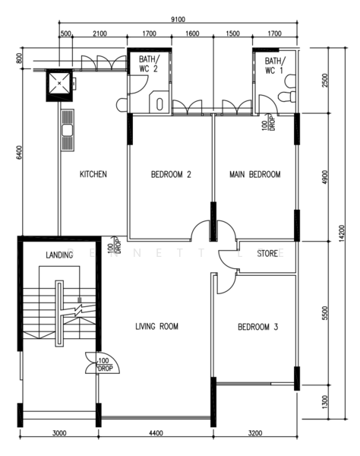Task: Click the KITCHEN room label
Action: (x=93, y=174)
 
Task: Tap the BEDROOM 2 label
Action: (x=171, y=175)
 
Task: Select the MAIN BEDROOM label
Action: (x=255, y=175)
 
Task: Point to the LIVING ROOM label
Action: (x=157, y=326)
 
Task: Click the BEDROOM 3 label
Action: (x=258, y=327)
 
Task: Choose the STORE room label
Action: (x=267, y=254)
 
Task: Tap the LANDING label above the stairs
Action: (x=59, y=255)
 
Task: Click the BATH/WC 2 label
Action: (x=149, y=64)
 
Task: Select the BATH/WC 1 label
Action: (x=275, y=65)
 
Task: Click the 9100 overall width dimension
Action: (x=178, y=20)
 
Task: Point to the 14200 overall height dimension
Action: (x=342, y=233)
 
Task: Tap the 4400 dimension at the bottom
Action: (x=156, y=433)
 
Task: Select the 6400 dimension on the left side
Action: (x=19, y=153)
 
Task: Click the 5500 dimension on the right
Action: (x=325, y=313)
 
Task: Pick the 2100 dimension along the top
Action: (x=99, y=33)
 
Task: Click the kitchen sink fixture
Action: (x=68, y=130)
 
